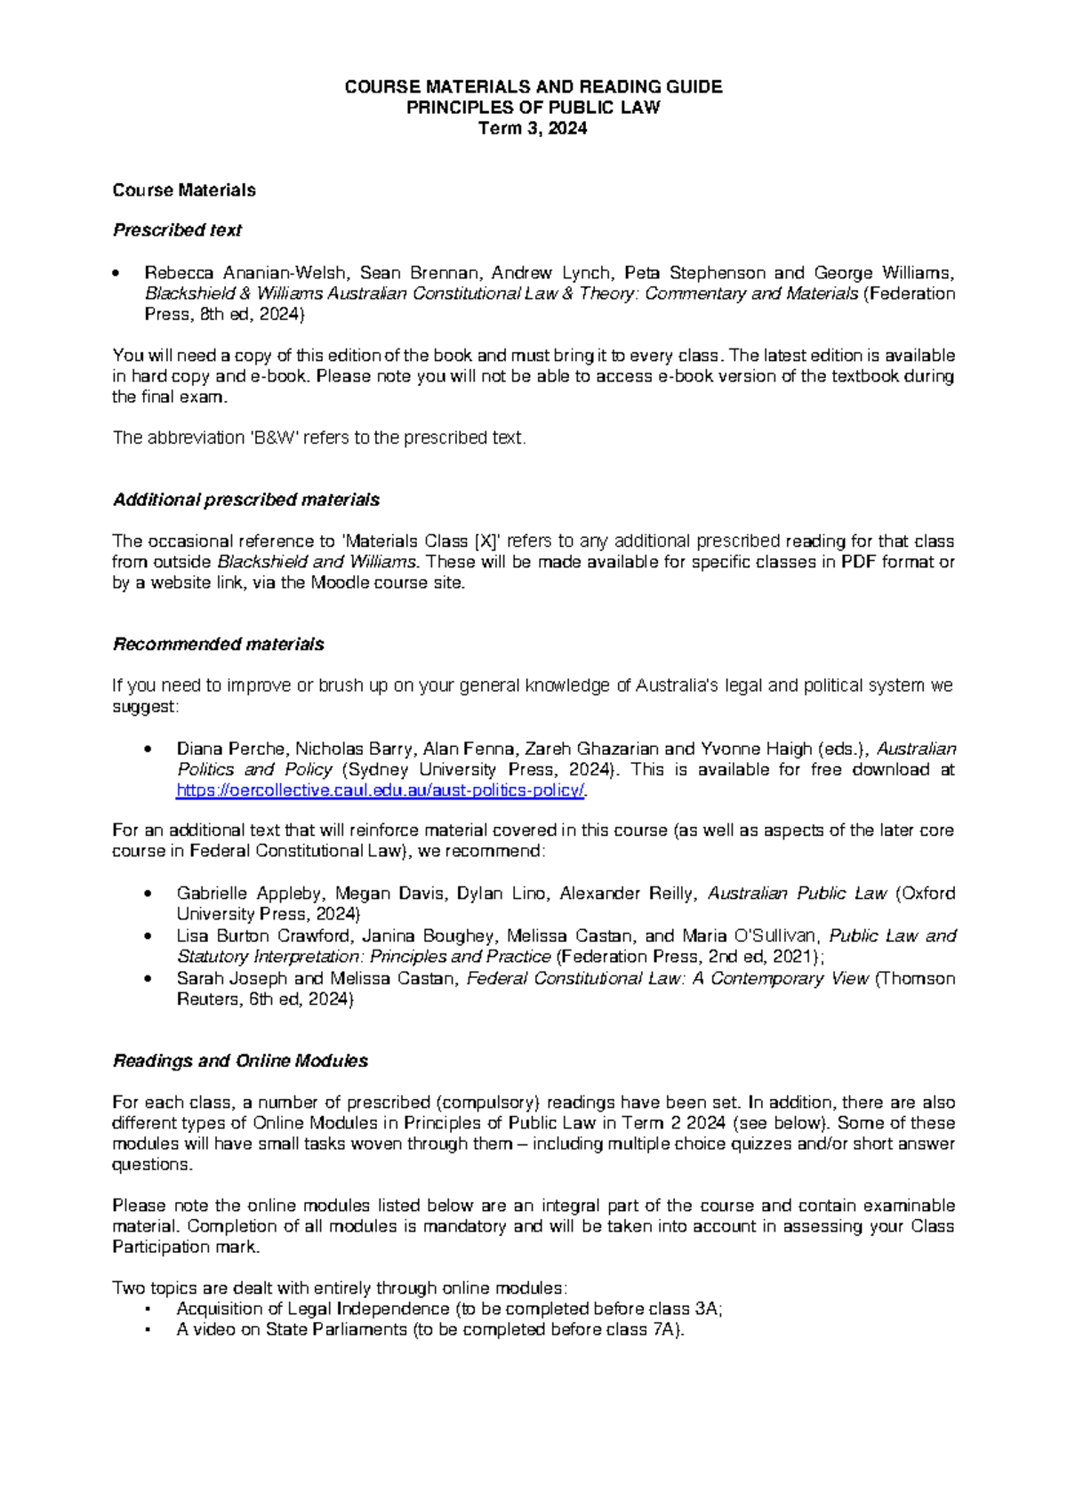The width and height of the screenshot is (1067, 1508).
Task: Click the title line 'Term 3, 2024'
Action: [533, 129]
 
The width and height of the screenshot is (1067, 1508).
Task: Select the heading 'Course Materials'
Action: [184, 190]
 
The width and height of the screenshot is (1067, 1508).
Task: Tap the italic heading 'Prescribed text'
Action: [177, 230]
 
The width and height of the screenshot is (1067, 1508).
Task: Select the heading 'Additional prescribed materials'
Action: [246, 501]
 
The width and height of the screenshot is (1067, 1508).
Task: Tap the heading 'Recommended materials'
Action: [218, 645]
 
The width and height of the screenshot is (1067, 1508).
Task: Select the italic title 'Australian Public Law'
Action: [797, 894]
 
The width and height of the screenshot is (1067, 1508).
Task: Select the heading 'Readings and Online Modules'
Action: [240, 1062]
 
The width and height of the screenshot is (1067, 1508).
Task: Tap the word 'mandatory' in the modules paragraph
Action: [463, 1227]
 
